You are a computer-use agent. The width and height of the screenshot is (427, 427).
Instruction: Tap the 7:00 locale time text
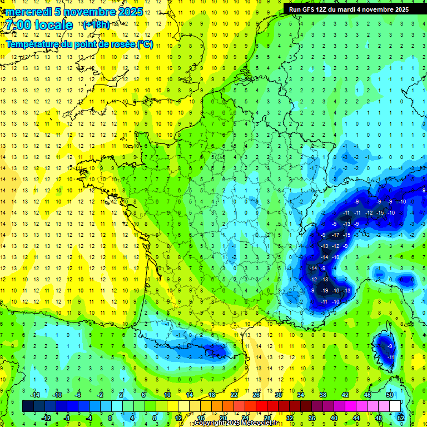point(39,25)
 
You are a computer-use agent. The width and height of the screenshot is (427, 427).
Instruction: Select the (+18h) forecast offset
point(96,25)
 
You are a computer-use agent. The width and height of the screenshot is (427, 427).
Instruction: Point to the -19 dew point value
point(324,291)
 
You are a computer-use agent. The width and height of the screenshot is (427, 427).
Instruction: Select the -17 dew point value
point(335,235)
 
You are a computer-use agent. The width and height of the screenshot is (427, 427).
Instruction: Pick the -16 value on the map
point(335,291)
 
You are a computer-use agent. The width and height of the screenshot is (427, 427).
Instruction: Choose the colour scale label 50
point(390,394)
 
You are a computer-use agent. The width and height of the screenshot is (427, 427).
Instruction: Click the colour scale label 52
point(401,418)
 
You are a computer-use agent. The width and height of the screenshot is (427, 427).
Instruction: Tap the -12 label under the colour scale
point(46,418)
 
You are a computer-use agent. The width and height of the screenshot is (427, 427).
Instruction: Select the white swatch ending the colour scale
point(395,406)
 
